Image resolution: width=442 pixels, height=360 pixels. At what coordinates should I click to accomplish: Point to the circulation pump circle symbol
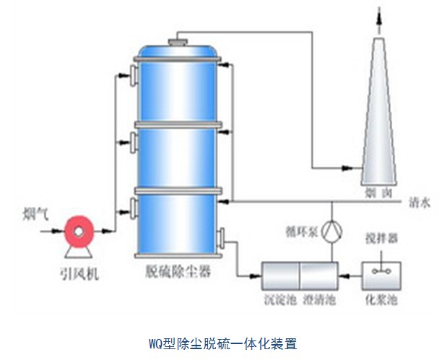point(331,231)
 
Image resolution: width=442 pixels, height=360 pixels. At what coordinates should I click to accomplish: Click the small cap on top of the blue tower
point(176,40)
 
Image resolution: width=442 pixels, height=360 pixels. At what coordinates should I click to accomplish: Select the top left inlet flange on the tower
point(134,75)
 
